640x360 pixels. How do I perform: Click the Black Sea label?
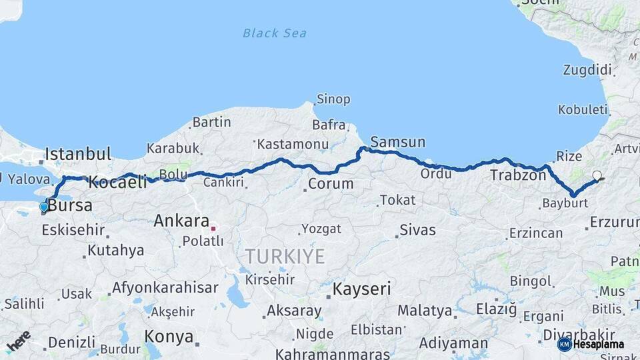(274, 33)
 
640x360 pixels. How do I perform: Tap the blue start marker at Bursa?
(44, 207)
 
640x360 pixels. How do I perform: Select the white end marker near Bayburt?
(597, 176)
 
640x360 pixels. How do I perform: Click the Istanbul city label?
(78, 155)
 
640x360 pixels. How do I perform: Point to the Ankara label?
(181, 221)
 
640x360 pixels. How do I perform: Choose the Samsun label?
(397, 141)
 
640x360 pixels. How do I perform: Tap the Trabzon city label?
(518, 175)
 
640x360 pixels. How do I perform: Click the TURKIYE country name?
(285, 256)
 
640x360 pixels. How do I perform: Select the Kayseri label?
(362, 289)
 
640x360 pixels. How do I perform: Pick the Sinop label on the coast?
(333, 99)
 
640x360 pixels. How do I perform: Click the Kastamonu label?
(292, 144)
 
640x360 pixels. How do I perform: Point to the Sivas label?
(417, 231)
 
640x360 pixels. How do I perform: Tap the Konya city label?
(169, 336)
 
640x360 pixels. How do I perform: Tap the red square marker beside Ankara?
(213, 228)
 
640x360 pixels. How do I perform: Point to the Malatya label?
(424, 311)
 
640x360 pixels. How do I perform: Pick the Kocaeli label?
(117, 181)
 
